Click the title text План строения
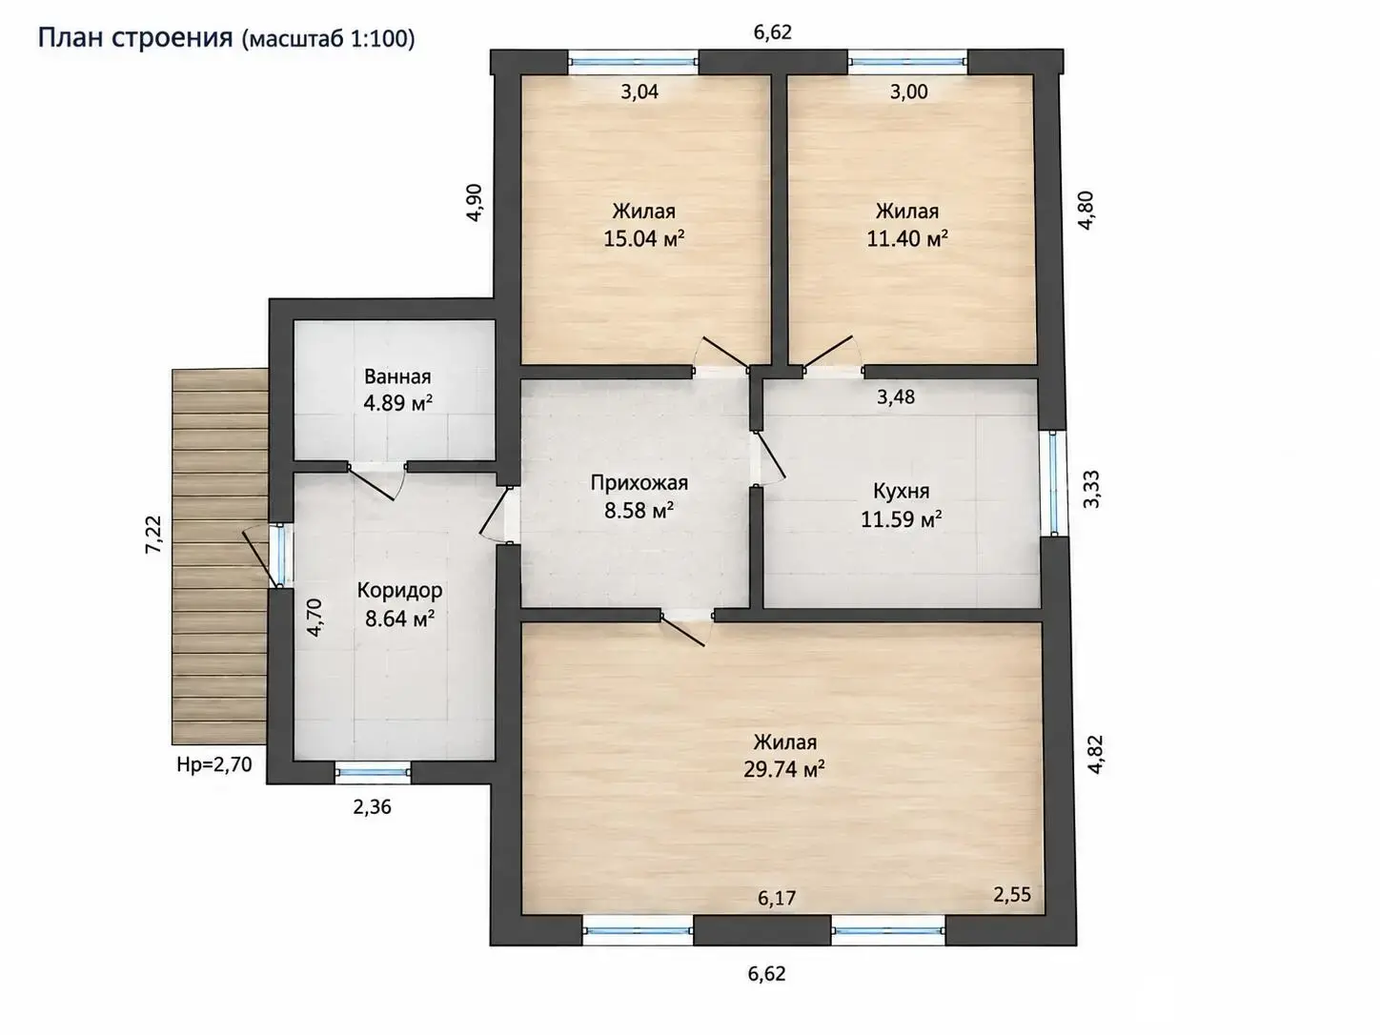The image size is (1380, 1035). pos(135,38)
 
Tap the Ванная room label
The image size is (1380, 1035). pos(397,376)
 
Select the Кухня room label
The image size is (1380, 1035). pos(901,491)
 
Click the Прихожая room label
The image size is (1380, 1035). pos(639,482)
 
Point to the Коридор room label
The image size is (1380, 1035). pos(400,591)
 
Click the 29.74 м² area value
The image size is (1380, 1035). pos(784,768)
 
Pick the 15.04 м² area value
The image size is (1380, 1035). pos(644,238)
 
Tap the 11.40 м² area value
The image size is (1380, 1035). pos(907,238)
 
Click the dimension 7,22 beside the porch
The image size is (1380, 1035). pos(154,534)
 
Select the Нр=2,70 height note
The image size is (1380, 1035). pos(214,764)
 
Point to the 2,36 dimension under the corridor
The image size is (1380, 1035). pos(373,807)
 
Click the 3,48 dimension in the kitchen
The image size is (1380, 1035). pos(896,396)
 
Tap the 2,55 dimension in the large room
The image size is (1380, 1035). pos(1012,894)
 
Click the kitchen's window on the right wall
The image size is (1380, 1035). pos(1053,482)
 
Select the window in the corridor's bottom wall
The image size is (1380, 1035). pos(373,772)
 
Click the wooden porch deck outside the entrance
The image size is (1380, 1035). pos(220,557)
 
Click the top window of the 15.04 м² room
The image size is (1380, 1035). pos(634,62)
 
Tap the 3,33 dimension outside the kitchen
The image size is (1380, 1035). pos(1092,489)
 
